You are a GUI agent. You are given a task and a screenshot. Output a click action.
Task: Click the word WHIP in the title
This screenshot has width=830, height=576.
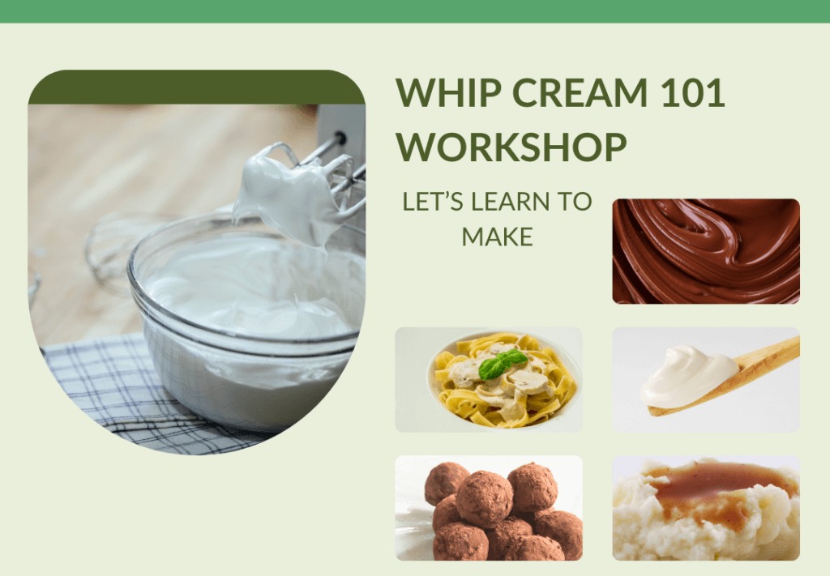448,92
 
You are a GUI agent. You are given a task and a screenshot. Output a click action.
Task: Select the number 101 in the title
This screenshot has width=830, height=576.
692,92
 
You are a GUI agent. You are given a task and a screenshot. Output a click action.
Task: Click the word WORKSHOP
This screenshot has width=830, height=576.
511,147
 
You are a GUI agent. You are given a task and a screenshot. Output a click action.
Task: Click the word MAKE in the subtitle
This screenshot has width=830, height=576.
497,237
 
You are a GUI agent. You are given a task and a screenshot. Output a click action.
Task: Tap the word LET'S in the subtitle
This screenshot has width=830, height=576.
433,202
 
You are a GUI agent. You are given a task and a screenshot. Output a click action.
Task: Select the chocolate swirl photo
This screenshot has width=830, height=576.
706,251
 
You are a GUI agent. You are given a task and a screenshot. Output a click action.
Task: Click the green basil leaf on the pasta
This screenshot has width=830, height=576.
503,364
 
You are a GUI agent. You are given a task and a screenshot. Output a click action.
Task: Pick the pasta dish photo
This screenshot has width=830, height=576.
489,379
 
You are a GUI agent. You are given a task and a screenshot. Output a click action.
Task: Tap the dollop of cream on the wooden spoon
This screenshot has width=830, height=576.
688,377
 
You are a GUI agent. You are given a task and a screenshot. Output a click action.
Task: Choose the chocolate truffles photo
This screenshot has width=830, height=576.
489,508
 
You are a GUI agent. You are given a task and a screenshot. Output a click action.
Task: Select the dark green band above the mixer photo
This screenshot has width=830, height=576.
196,87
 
